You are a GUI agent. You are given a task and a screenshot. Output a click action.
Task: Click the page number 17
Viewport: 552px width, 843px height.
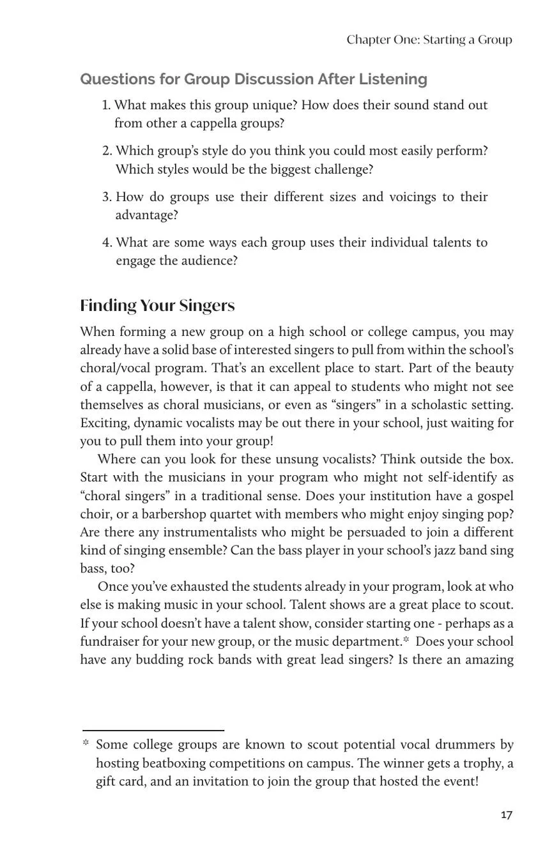pyautogui.click(x=506, y=815)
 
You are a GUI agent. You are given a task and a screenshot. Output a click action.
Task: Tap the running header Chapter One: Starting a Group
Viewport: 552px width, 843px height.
pyautogui.click(x=429, y=40)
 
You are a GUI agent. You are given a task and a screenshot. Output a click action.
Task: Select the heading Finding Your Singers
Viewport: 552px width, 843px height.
pyautogui.click(x=157, y=306)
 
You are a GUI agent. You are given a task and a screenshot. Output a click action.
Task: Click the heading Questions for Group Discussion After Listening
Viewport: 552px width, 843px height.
pyautogui.click(x=254, y=79)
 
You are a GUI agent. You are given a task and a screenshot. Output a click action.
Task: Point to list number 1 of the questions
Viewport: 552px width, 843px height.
pyautogui.click(x=106, y=105)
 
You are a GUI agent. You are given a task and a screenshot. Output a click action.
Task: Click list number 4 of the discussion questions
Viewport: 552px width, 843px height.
pyautogui.click(x=107, y=243)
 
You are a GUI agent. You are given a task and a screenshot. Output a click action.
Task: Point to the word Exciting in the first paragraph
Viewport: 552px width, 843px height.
pyautogui.click(x=103, y=423)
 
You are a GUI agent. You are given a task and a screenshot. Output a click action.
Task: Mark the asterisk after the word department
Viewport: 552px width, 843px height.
pyautogui.click(x=406, y=641)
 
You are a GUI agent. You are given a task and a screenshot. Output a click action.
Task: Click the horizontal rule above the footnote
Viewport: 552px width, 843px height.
pyautogui.click(x=153, y=729)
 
